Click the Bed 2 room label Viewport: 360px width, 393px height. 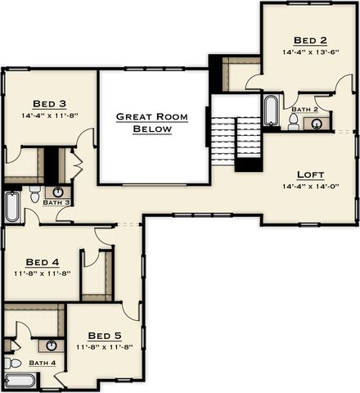310,40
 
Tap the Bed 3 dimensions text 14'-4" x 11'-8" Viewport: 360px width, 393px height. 50,115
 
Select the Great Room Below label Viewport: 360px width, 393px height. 152,123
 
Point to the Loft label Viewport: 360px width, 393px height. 310,174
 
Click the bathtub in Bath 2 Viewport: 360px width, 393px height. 271,111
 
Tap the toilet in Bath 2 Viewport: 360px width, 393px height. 294,122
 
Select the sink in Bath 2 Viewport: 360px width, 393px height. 317,124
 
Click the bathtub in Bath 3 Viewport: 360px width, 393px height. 12,206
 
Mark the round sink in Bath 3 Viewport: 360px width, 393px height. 58,192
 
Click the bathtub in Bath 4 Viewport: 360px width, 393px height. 20,381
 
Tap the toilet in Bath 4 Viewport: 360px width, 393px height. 13,364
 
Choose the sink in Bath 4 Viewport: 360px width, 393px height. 51,346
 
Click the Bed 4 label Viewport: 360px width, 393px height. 43,262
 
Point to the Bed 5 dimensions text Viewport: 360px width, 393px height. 105,347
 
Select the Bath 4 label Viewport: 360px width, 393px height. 43,363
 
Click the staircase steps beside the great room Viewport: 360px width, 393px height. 236,141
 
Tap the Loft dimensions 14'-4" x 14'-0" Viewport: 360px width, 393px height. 310,187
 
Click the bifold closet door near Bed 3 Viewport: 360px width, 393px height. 77,165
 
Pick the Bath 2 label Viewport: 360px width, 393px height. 304,110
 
